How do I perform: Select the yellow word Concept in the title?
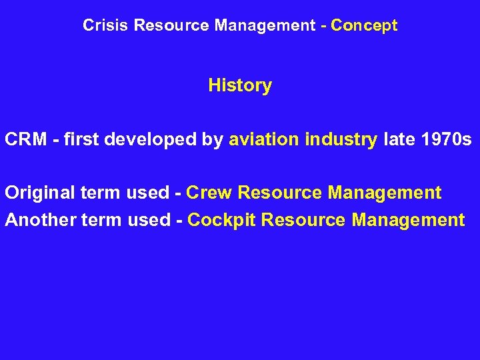pyautogui.click(x=364, y=26)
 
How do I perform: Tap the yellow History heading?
pyautogui.click(x=240, y=86)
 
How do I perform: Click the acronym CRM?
pyautogui.click(x=25, y=140)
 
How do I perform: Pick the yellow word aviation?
pyautogui.click(x=264, y=140)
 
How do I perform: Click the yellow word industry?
pyautogui.click(x=341, y=140)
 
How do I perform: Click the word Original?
pyautogui.click(x=39, y=193)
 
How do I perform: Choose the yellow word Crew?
pyautogui.click(x=209, y=193)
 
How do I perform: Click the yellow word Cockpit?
pyautogui.click(x=222, y=220)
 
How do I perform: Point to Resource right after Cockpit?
pyautogui.click(x=304, y=220)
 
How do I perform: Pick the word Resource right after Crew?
pyautogui.click(x=280, y=193)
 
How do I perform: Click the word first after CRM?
pyautogui.click(x=81, y=140)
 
